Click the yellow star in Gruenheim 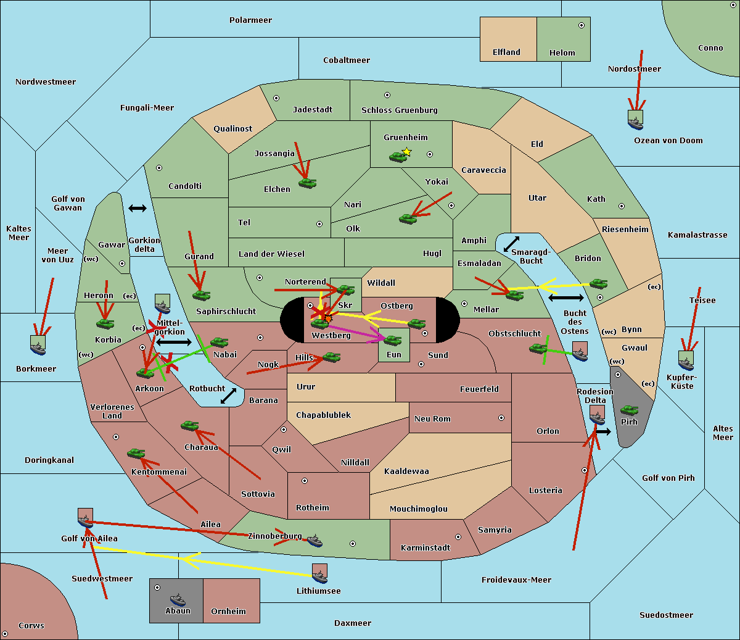point(407,152)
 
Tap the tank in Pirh point(629,410)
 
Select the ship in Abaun point(178,599)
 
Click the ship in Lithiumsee point(319,576)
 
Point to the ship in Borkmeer point(38,348)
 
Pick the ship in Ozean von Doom point(635,123)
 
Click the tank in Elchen point(308,183)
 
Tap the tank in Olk point(408,218)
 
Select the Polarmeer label point(250,20)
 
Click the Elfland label point(506,52)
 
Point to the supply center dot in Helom point(582,25)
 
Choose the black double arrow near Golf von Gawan point(138,208)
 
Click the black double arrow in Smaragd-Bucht point(511,244)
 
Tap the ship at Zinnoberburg point(314,541)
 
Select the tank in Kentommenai point(136,454)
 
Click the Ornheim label point(228,612)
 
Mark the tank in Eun point(392,340)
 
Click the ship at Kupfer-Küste point(686,364)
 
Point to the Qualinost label point(232,128)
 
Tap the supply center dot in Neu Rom point(501,418)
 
